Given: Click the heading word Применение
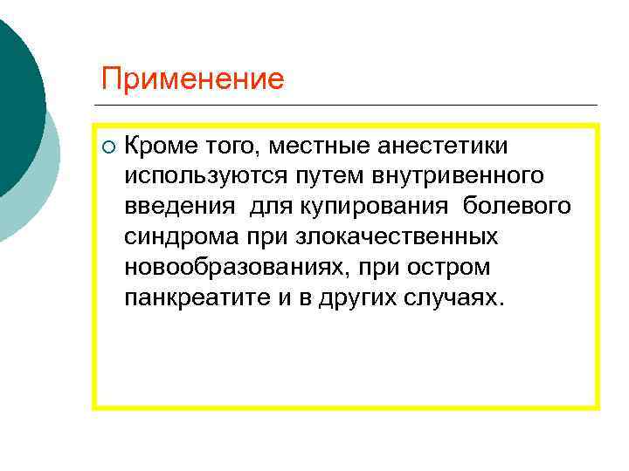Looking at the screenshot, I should pos(192,79).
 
